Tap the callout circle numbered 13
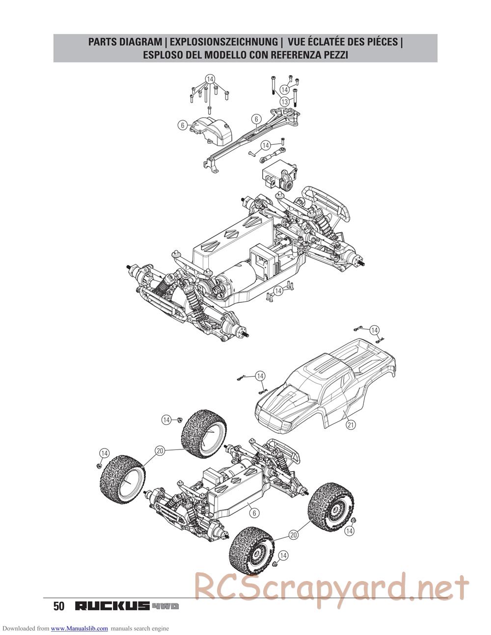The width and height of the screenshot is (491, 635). point(284,102)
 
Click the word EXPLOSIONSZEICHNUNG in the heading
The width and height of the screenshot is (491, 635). point(224,42)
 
